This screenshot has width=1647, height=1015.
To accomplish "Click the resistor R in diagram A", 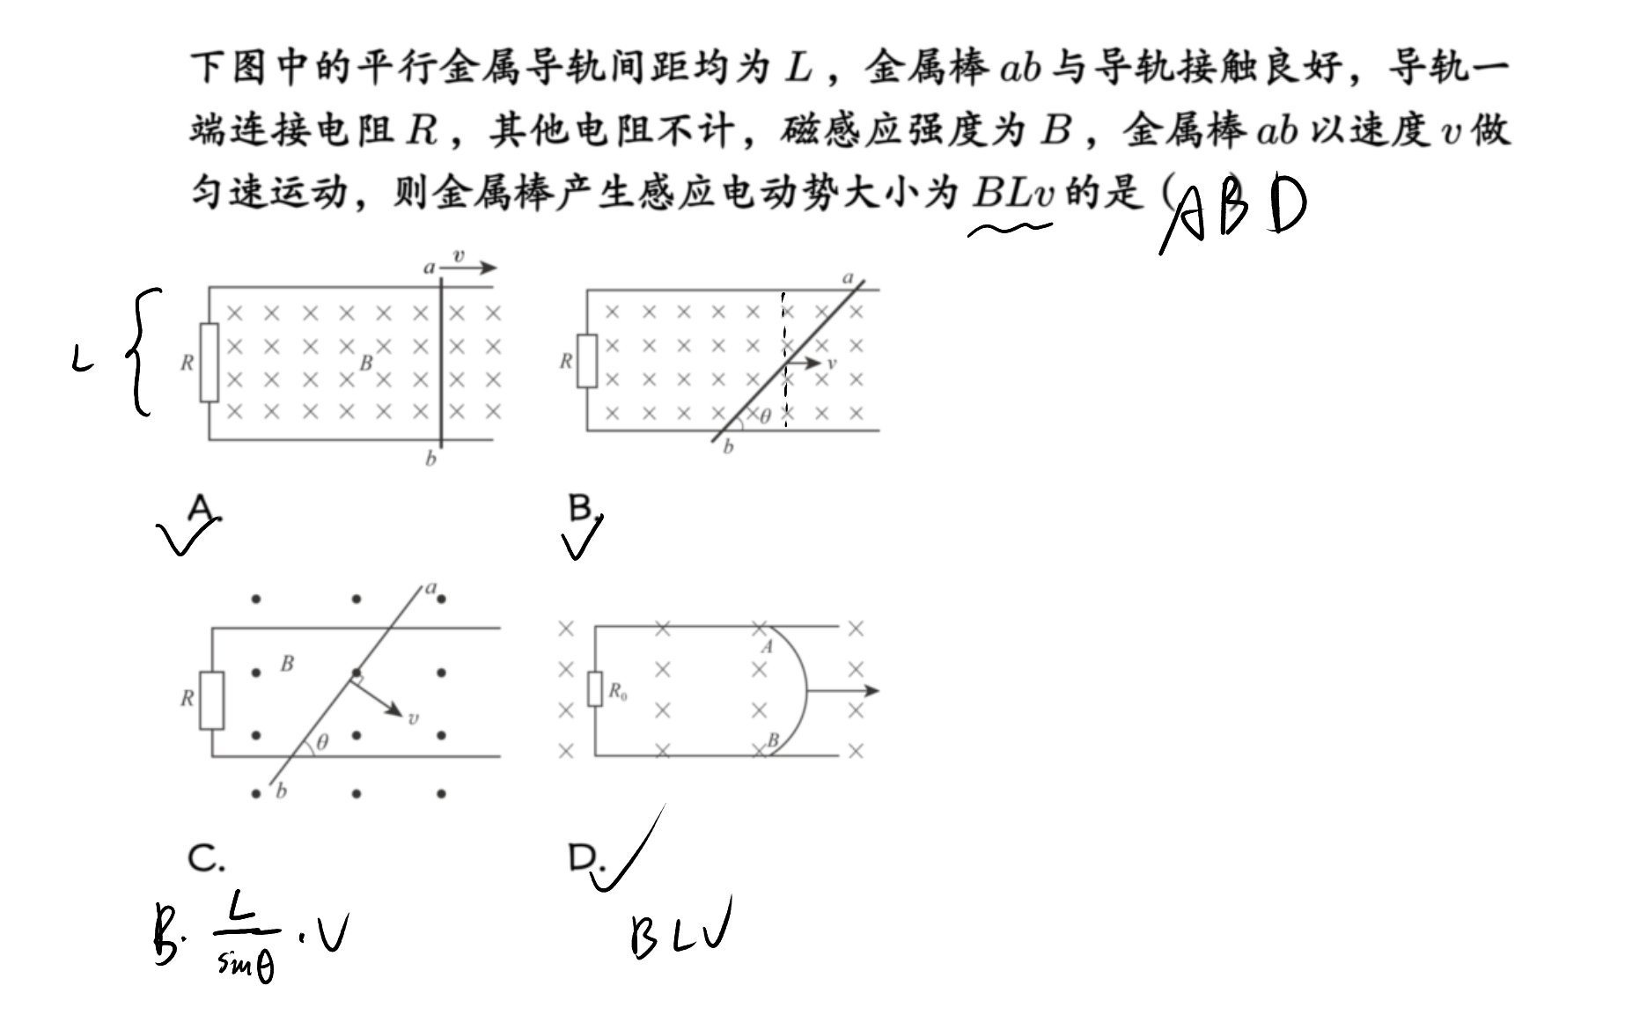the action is (x=209, y=363).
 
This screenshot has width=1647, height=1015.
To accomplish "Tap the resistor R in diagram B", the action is (x=587, y=361).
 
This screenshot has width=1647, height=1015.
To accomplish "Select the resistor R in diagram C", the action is (x=211, y=700).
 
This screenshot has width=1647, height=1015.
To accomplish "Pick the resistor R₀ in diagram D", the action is (x=595, y=691).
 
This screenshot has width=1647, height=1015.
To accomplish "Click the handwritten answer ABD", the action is (x=1232, y=211).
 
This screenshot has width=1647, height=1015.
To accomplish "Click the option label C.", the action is (x=206, y=858).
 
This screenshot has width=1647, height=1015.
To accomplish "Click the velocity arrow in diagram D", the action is (x=842, y=691).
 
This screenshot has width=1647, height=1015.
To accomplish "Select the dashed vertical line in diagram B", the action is (x=783, y=361).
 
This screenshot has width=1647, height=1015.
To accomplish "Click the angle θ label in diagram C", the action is (x=322, y=742).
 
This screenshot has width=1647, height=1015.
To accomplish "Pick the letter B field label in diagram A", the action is (x=366, y=362).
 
